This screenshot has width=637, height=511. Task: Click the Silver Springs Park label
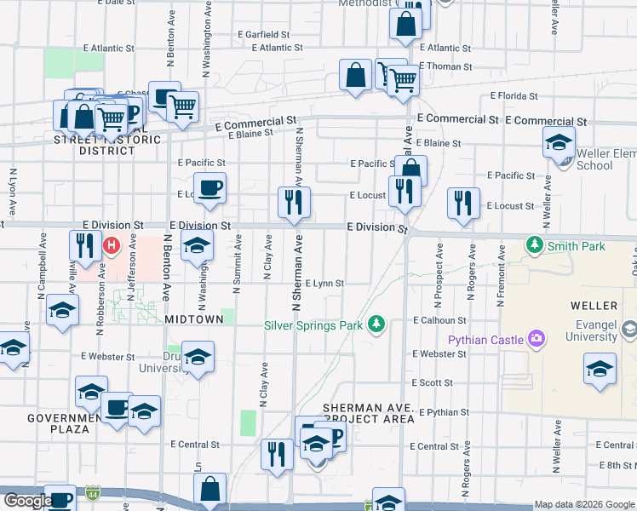point(314,324)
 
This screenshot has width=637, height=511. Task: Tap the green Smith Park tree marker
point(535,246)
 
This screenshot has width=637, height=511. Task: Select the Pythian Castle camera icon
point(537,340)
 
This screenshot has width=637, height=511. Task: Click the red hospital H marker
point(110,246)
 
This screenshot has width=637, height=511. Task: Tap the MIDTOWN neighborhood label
point(194,319)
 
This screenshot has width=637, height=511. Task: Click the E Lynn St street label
point(324,284)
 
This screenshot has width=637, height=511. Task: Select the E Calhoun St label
point(439,321)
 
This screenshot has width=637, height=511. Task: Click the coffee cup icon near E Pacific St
point(209,187)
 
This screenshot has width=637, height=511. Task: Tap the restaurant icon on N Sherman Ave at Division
point(295,203)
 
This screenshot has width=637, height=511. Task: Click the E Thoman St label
point(445,66)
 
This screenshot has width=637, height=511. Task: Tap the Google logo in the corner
point(27,501)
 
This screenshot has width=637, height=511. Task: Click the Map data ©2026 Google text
point(584,504)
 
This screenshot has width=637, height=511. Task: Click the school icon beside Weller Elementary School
point(559,141)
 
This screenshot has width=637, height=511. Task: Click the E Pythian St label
point(444,413)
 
